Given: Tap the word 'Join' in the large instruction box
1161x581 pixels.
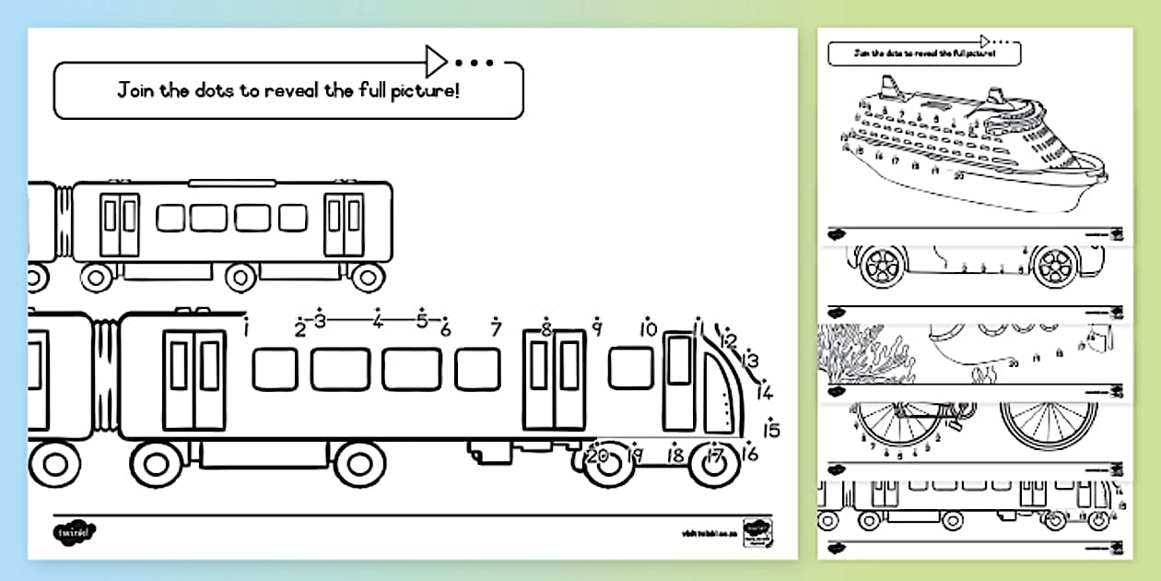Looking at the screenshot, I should [135, 91].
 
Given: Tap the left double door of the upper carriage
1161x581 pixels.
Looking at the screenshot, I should [120, 224].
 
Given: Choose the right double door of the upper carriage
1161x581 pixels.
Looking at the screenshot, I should [345, 224].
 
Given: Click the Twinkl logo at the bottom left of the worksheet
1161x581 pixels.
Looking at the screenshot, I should [74, 533].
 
